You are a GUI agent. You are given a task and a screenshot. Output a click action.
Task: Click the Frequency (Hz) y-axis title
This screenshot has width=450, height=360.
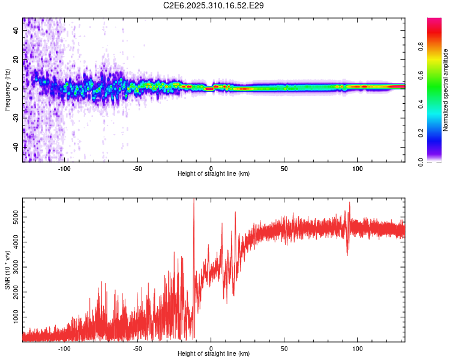[x=7, y=89]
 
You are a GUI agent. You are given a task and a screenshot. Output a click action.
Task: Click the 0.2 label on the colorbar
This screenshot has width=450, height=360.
[x=438, y=133]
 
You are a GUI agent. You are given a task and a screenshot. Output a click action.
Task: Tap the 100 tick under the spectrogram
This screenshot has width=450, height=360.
[x=358, y=168]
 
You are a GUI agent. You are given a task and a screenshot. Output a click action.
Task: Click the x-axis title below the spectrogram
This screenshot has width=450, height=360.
[x=214, y=174]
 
